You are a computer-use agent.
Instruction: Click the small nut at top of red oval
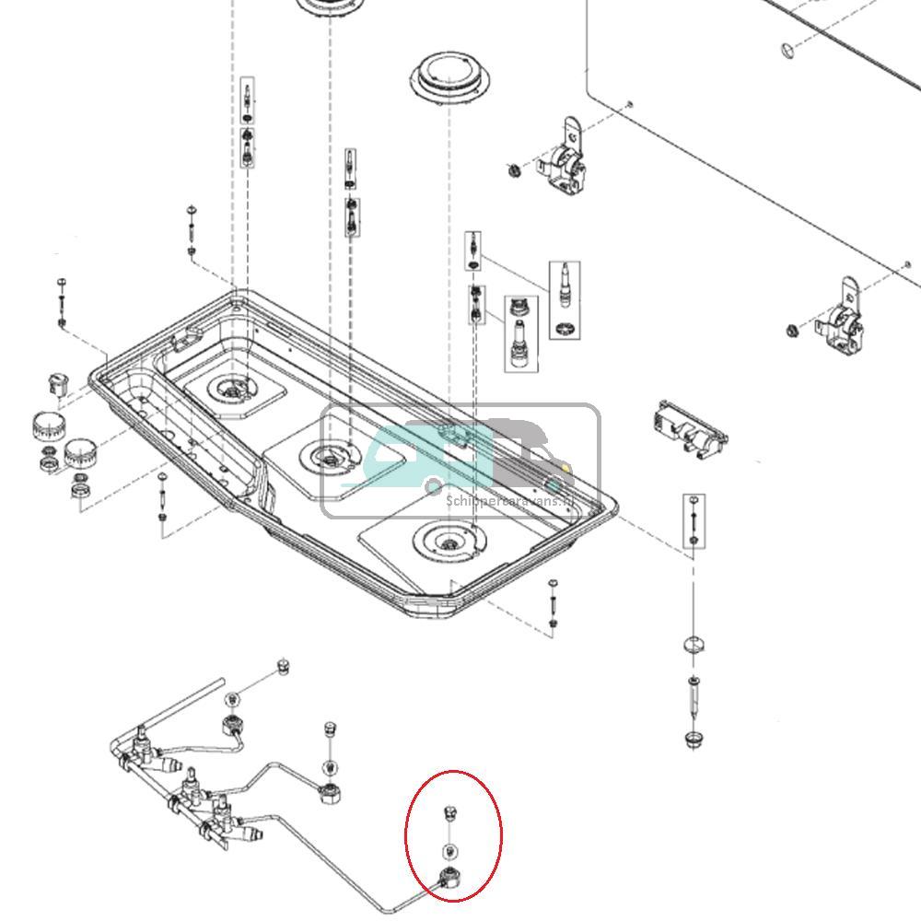pyautogui.click(x=450, y=811)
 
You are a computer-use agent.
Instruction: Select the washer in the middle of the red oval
pyautogui.click(x=450, y=850)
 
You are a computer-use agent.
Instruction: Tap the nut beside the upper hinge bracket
pyautogui.click(x=513, y=169)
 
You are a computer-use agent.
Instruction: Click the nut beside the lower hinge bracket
pyautogui.click(x=791, y=331)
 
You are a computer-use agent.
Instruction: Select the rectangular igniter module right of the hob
pyautogui.click(x=687, y=428)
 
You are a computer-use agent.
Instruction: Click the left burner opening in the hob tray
pyautogui.click(x=229, y=391)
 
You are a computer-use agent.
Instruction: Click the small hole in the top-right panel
pyautogui.click(x=785, y=48)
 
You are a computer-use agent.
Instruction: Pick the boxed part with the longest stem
pyautogui.click(x=565, y=299)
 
